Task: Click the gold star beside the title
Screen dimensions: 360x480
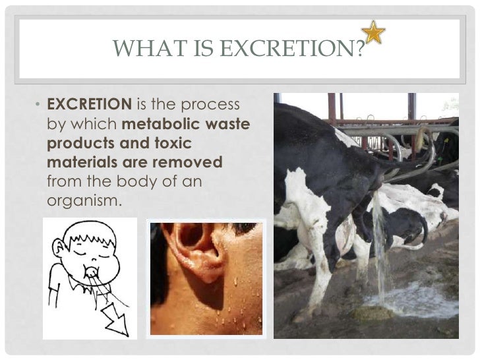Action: pos(374,32)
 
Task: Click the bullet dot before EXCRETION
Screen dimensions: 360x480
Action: pos(38,106)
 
